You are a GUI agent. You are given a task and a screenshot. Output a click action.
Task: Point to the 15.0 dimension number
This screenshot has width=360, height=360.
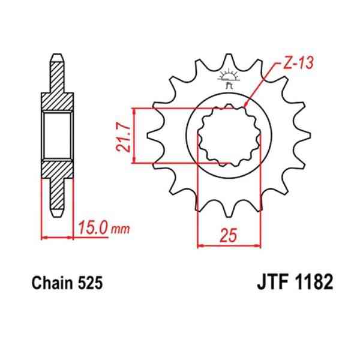pyautogui.click(x=93, y=228)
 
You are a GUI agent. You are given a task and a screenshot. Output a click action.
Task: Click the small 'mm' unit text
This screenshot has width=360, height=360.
pyautogui.click(x=121, y=229)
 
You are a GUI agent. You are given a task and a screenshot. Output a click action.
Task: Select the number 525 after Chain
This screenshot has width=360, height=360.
pyautogui.click(x=90, y=283)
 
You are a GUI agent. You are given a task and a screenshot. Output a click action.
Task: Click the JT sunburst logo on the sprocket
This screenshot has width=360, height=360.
pyautogui.click(x=229, y=78)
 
